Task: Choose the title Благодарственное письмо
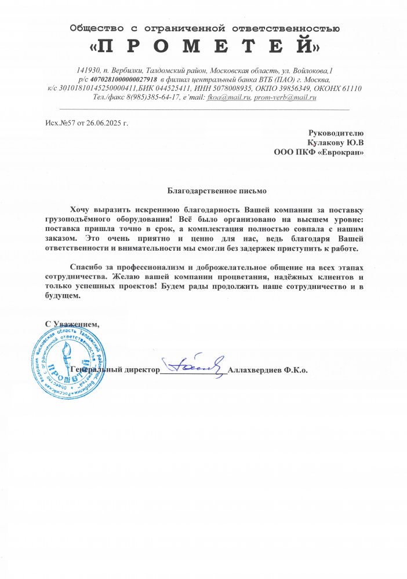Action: tap(203, 190)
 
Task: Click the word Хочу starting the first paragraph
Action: tap(81, 208)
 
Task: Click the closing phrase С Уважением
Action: tap(72, 323)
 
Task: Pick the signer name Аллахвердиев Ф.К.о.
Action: tap(268, 369)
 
